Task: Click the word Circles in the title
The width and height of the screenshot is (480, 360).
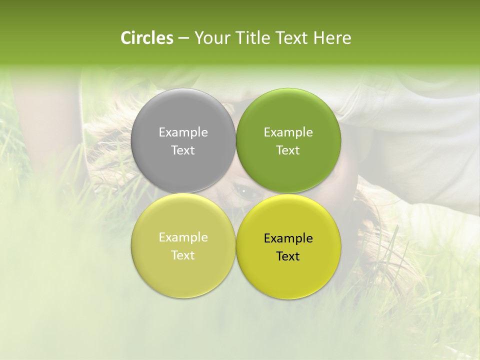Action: click(147, 38)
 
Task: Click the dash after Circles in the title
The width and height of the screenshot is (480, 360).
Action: click(183, 38)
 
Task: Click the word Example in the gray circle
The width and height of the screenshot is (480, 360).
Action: click(183, 132)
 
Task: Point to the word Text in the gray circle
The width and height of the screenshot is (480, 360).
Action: click(183, 150)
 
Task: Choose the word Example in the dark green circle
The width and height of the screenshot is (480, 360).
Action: click(288, 132)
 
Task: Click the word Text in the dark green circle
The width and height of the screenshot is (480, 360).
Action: click(288, 150)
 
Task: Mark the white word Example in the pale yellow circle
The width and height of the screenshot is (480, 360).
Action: click(183, 237)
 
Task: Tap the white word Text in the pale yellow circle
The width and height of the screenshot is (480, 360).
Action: click(183, 255)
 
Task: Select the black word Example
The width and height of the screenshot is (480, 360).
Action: click(288, 238)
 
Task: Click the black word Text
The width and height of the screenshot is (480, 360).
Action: click(288, 256)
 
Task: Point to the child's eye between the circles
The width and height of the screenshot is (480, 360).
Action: click(243, 190)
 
